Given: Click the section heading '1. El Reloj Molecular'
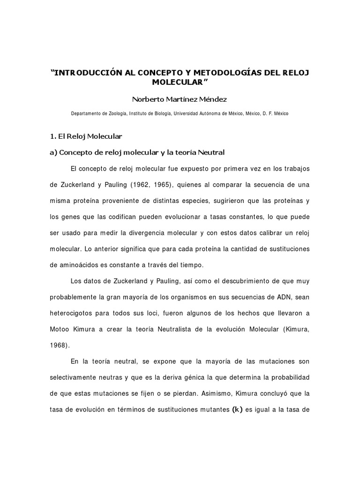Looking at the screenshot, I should tap(86, 136).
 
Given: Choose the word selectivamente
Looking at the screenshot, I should tap(76, 378).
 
